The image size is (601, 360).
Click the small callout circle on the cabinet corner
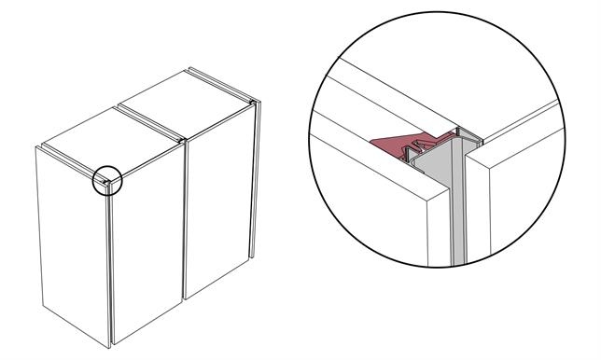[x=108, y=181]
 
